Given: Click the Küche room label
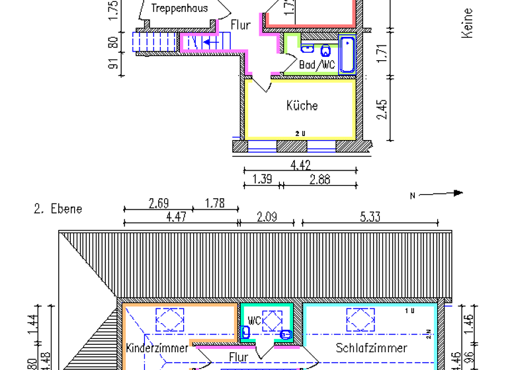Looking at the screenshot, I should tap(302, 106).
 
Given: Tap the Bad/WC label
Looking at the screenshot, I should tap(317, 65).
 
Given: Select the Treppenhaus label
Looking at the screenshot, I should tap(179, 9).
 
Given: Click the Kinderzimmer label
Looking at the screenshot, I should tap(156, 348).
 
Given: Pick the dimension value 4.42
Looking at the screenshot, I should tap(300, 165).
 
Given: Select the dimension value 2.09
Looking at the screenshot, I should tap(266, 215).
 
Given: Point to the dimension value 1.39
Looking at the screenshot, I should tap(263, 179).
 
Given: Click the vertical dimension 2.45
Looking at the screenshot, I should tap(382, 109).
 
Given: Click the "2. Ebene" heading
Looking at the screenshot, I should tap(58, 209).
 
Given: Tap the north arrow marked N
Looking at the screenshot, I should tap(437, 194).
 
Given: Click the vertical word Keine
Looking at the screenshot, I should tap(468, 23).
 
